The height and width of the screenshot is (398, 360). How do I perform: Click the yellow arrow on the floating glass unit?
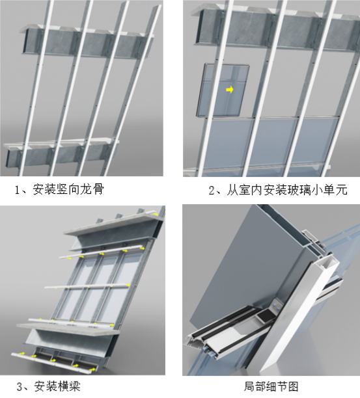point(229,90)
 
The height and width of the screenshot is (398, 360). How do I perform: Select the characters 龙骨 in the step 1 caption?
point(92,190)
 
